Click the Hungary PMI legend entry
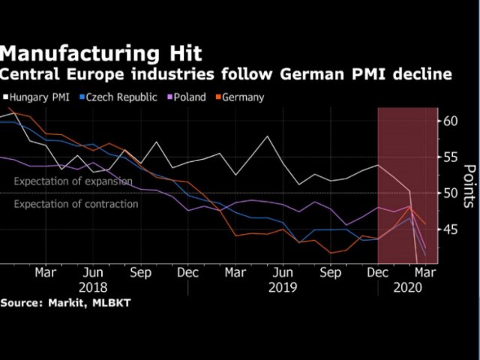(39, 97)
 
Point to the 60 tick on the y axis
(449, 121)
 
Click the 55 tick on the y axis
(449, 157)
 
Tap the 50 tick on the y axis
(449, 193)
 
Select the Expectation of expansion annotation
(73, 181)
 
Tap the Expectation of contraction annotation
(76, 204)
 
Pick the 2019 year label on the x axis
(282, 286)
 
